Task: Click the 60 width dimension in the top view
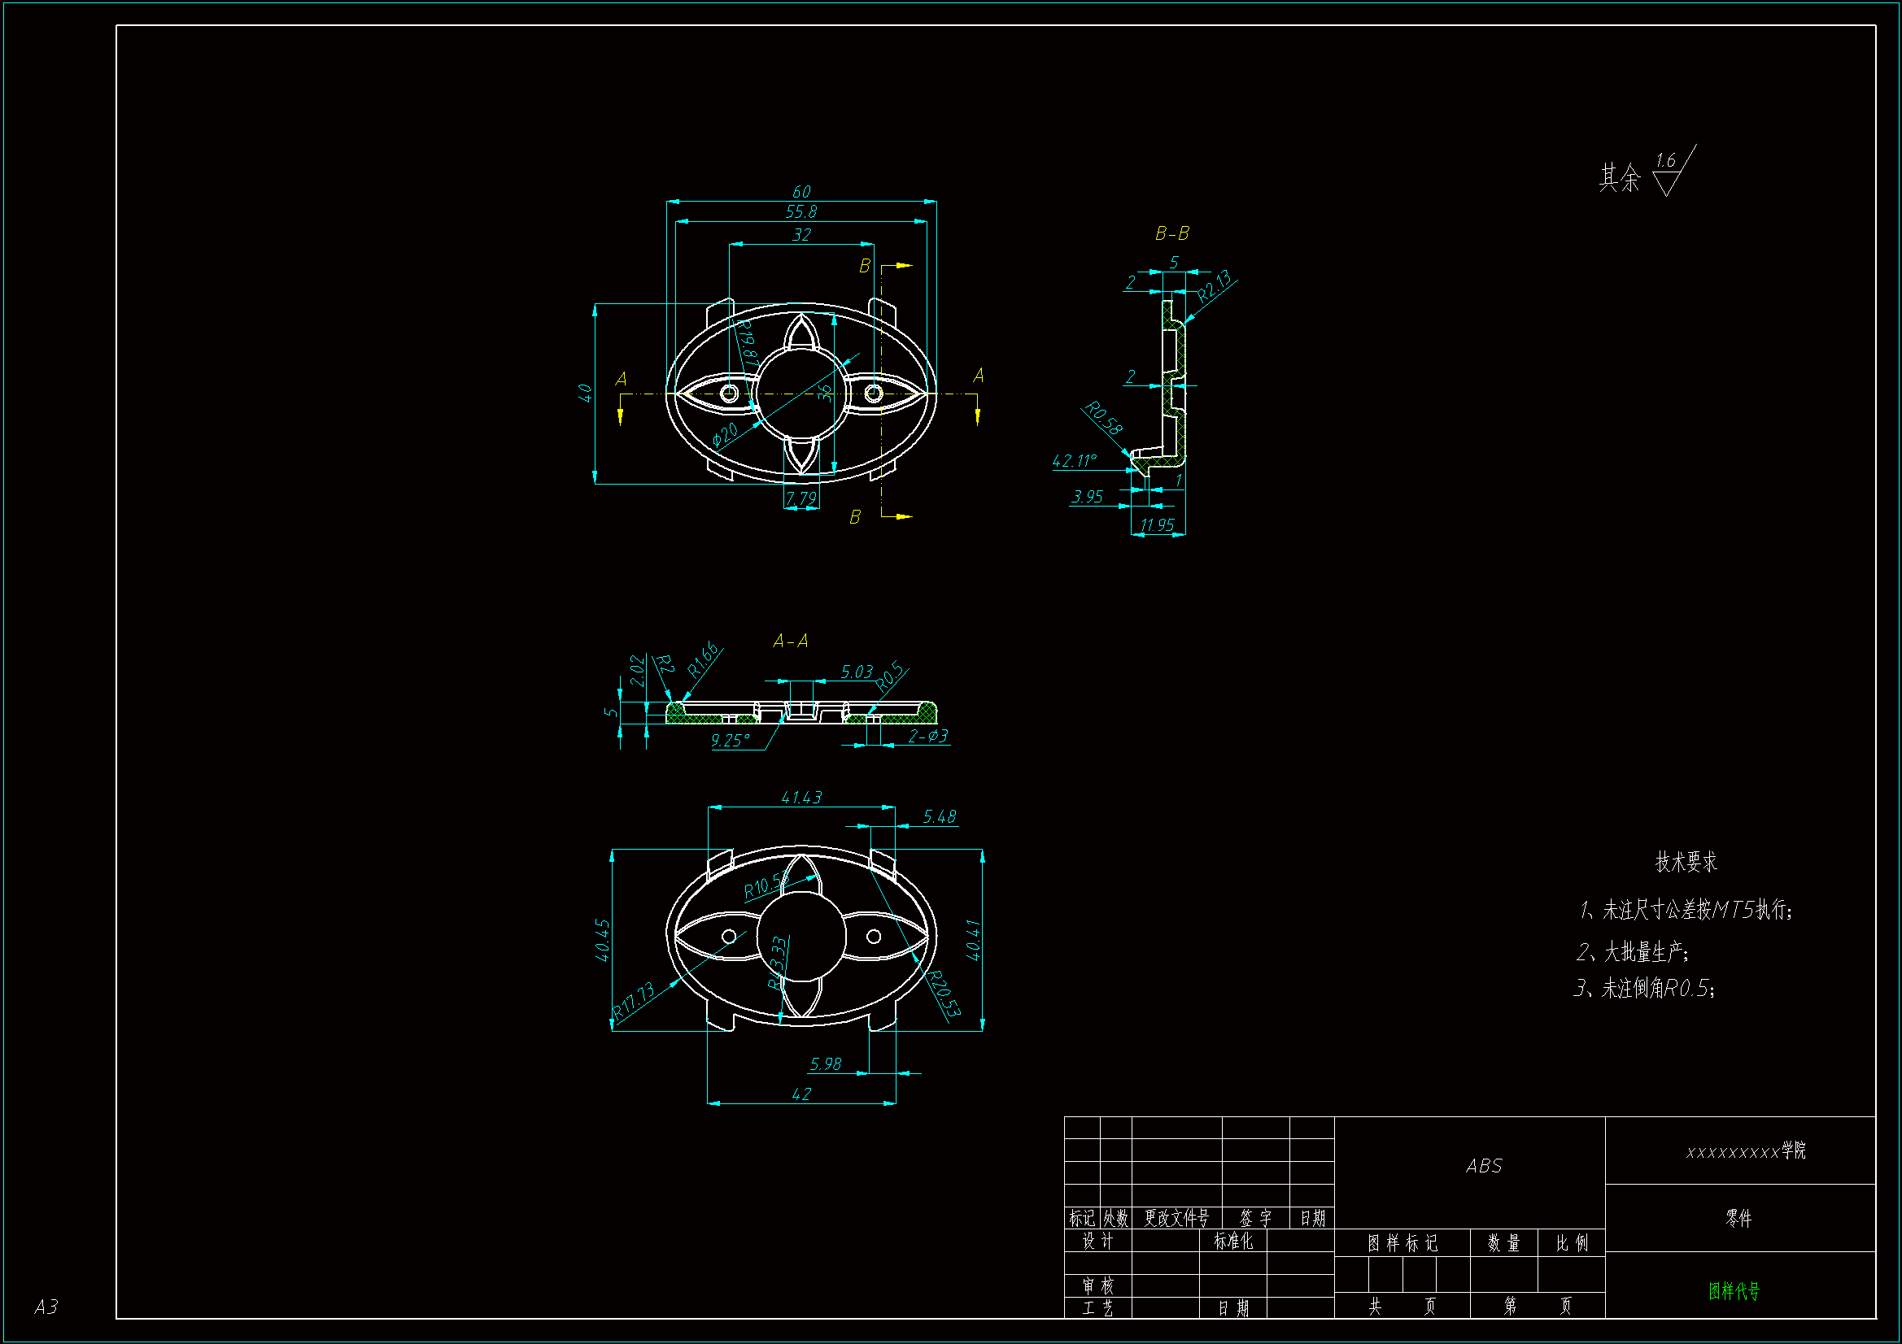pos(801,192)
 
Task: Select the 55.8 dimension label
pos(801,212)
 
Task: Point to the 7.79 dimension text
pos(801,498)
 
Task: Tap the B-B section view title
pos(1171,234)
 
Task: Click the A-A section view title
pos(790,641)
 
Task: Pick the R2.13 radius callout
pos(1215,285)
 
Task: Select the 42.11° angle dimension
pos(1075,460)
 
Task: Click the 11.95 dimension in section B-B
pos(1157,525)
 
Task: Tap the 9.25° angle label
pos(730,741)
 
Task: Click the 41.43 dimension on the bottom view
pos(801,798)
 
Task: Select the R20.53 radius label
pos(944,994)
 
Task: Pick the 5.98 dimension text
pos(825,1064)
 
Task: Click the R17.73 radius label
pos(634,1000)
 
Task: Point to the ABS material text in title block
pos(1484,1166)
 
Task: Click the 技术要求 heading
pos(1686,862)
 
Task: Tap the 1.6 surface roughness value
pos(1665,160)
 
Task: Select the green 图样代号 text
pos(1734,1290)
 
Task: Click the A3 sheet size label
pos(46,1307)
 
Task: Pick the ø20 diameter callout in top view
pos(725,434)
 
